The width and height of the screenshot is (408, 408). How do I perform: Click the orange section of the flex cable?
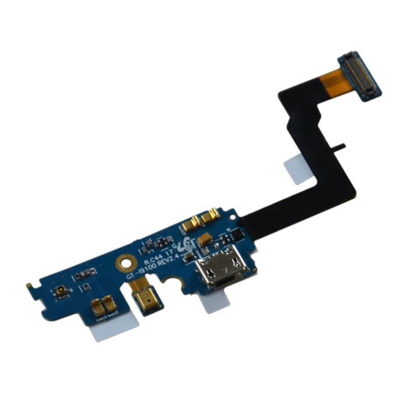(332, 81)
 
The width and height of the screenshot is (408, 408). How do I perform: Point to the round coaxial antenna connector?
(61, 289)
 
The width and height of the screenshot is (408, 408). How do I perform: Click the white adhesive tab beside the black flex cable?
(297, 170)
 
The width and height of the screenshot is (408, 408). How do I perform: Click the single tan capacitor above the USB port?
(203, 239)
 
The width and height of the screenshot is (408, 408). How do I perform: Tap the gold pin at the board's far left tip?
(29, 286)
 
